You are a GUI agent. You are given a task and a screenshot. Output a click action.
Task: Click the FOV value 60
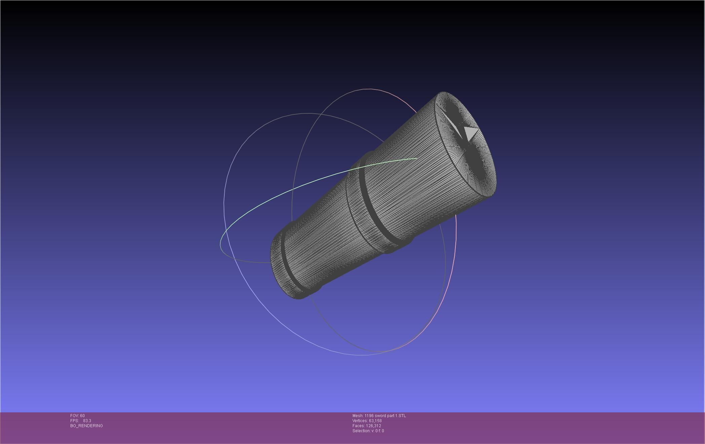[82, 416]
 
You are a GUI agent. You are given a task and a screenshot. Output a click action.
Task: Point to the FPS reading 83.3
[87, 421]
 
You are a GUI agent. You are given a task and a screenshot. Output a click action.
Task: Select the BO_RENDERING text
[86, 426]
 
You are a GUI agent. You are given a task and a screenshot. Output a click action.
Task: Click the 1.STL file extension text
[401, 416]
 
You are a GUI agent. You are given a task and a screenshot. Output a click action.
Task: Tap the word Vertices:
[360, 421]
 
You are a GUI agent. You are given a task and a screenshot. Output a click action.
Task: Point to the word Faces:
[359, 426]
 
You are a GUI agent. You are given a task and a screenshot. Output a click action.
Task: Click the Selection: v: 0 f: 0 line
[368, 431]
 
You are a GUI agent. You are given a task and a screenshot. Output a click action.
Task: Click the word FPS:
[74, 421]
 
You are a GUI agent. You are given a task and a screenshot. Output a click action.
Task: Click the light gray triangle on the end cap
[471, 132]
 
